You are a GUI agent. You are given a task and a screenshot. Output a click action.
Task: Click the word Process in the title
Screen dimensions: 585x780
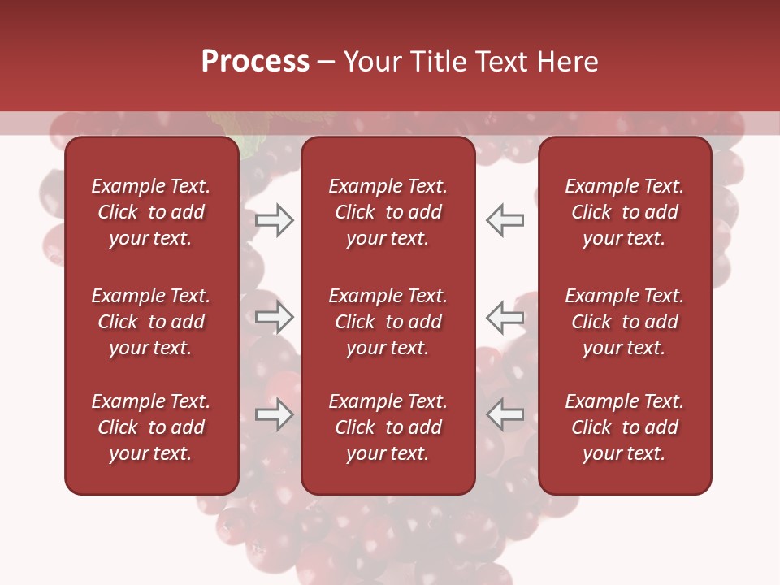255,62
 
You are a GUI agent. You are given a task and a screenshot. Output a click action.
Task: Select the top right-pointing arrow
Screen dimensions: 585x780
275,220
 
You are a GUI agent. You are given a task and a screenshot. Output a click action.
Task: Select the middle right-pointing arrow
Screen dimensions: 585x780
275,318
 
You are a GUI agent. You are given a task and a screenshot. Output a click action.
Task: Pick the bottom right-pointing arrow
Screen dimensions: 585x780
275,415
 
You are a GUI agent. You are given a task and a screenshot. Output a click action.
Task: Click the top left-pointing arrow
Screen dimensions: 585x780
505,220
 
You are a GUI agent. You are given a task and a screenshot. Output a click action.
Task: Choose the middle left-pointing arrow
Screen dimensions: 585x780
505,318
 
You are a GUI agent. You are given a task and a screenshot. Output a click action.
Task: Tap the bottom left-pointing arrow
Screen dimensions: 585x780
505,415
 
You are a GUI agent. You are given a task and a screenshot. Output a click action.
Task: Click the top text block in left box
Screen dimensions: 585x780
151,212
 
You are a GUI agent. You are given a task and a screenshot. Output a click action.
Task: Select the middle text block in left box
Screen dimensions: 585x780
151,322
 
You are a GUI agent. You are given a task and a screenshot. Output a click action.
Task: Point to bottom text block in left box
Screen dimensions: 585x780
151,427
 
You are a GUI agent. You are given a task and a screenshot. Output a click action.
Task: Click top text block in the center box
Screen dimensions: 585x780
388,212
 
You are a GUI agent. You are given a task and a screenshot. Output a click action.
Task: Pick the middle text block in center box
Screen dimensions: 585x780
388,322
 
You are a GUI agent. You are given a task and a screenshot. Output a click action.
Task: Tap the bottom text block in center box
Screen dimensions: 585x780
388,427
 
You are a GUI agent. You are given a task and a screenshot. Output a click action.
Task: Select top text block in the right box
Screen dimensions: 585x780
624,212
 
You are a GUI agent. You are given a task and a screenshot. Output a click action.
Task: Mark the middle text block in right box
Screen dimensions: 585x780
624,322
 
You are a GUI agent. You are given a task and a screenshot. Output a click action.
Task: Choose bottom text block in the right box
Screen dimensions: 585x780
624,427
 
